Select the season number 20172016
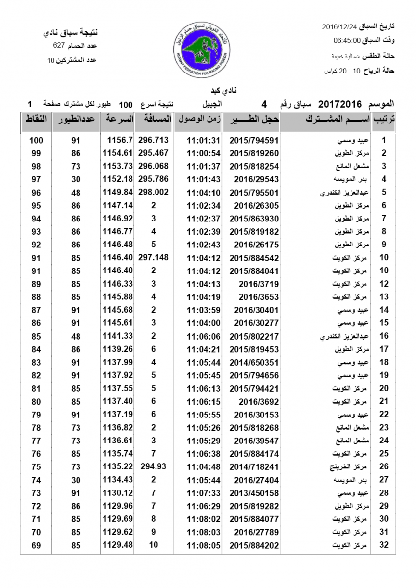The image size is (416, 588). click(340, 104)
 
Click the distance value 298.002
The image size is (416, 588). click(154, 192)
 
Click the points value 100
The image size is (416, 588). click(36, 140)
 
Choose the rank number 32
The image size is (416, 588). click(384, 545)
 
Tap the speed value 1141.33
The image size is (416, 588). click(118, 336)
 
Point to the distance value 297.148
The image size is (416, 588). click(154, 258)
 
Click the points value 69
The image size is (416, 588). click(36, 545)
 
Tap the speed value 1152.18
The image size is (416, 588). click(118, 179)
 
